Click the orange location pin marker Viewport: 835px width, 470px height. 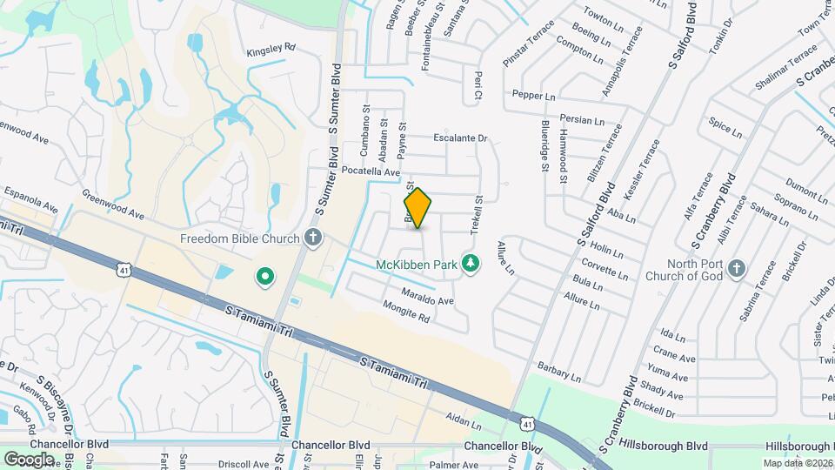417,208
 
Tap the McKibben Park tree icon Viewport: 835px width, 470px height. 471,263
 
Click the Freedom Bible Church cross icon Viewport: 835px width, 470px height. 313,238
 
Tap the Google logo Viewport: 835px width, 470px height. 29,458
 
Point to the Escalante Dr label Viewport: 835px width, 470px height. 460,138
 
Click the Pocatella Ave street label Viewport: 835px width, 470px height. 371,172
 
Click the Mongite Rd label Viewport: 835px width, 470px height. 406,312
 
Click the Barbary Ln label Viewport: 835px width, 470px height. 558,371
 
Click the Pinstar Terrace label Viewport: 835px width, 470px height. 528,46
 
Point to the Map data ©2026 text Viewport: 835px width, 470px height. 798,463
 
